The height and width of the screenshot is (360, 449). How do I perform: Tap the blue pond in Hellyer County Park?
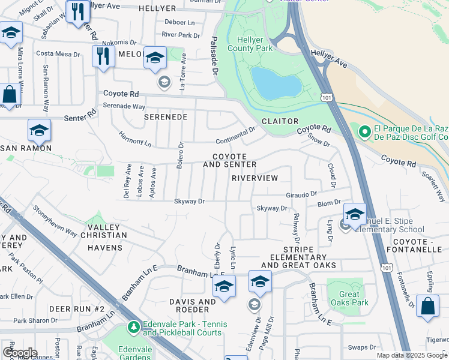coord(276,83)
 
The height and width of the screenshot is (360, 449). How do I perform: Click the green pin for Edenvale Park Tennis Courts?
coord(133,328)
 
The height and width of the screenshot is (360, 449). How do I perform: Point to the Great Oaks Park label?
coord(349,299)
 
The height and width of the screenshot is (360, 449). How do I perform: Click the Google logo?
coord(20,353)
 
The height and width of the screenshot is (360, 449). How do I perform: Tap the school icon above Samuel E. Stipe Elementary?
coord(355,214)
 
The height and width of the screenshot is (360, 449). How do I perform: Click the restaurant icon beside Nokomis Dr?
coord(103,56)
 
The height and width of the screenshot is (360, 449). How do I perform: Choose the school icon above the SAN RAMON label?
coord(39,130)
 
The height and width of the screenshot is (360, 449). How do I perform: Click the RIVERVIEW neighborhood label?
coord(255,178)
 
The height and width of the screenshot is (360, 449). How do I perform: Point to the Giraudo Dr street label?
coord(301,194)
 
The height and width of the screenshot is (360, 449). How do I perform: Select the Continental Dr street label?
coord(236,140)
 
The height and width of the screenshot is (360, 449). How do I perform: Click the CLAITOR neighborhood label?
coord(280,121)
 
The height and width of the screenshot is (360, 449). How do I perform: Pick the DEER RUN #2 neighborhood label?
coord(77,308)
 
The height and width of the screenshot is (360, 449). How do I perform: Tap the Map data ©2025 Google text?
coord(411,355)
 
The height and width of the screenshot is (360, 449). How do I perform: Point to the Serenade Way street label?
coord(124,106)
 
